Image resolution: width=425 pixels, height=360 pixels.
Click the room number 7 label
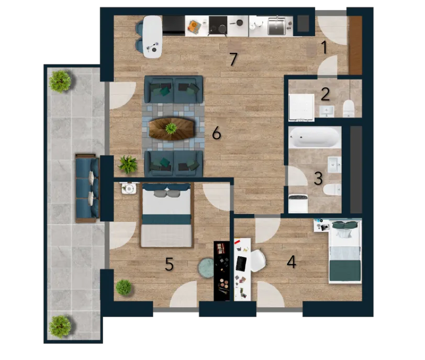tap(233, 59)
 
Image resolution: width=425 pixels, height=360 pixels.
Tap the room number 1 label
tap(324, 48)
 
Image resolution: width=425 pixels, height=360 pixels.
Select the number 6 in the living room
tap(216, 133)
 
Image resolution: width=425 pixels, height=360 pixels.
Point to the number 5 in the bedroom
tap(169, 264)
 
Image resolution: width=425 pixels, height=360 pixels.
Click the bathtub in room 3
tap(315, 137)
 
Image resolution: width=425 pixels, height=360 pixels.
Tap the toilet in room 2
tap(349, 108)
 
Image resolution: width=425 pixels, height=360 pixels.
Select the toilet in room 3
tap(332, 189)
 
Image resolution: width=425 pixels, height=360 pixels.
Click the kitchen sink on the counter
tap(276, 26)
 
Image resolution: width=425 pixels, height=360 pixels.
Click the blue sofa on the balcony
tap(87, 188)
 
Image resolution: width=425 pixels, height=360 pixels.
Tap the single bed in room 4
tap(345, 251)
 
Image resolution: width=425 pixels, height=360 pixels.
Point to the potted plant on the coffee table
tap(171, 128)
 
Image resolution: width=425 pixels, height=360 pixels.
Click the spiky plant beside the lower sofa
tap(128, 164)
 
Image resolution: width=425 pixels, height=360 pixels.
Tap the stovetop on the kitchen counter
tap(218, 26)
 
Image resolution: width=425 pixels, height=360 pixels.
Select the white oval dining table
tap(153, 37)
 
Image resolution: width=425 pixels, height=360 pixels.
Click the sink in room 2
tap(327, 111)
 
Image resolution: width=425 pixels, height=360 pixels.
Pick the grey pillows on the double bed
tap(166, 194)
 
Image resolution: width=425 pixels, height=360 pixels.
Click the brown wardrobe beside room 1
tap(355, 45)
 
